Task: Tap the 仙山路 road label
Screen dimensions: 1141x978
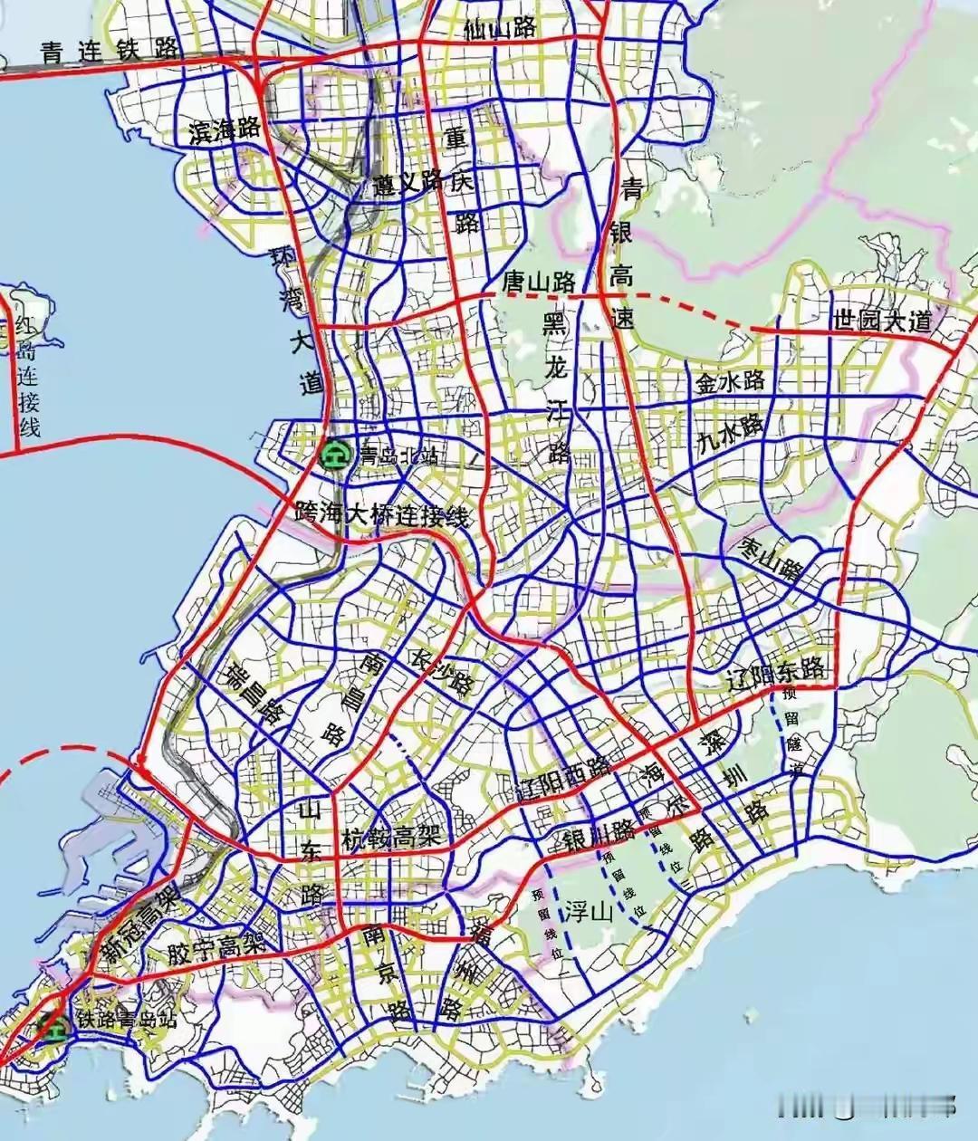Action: point(499,28)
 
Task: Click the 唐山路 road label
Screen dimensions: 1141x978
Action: point(539,283)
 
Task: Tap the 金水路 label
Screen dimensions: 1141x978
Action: point(730,381)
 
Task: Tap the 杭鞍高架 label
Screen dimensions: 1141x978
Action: point(390,838)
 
